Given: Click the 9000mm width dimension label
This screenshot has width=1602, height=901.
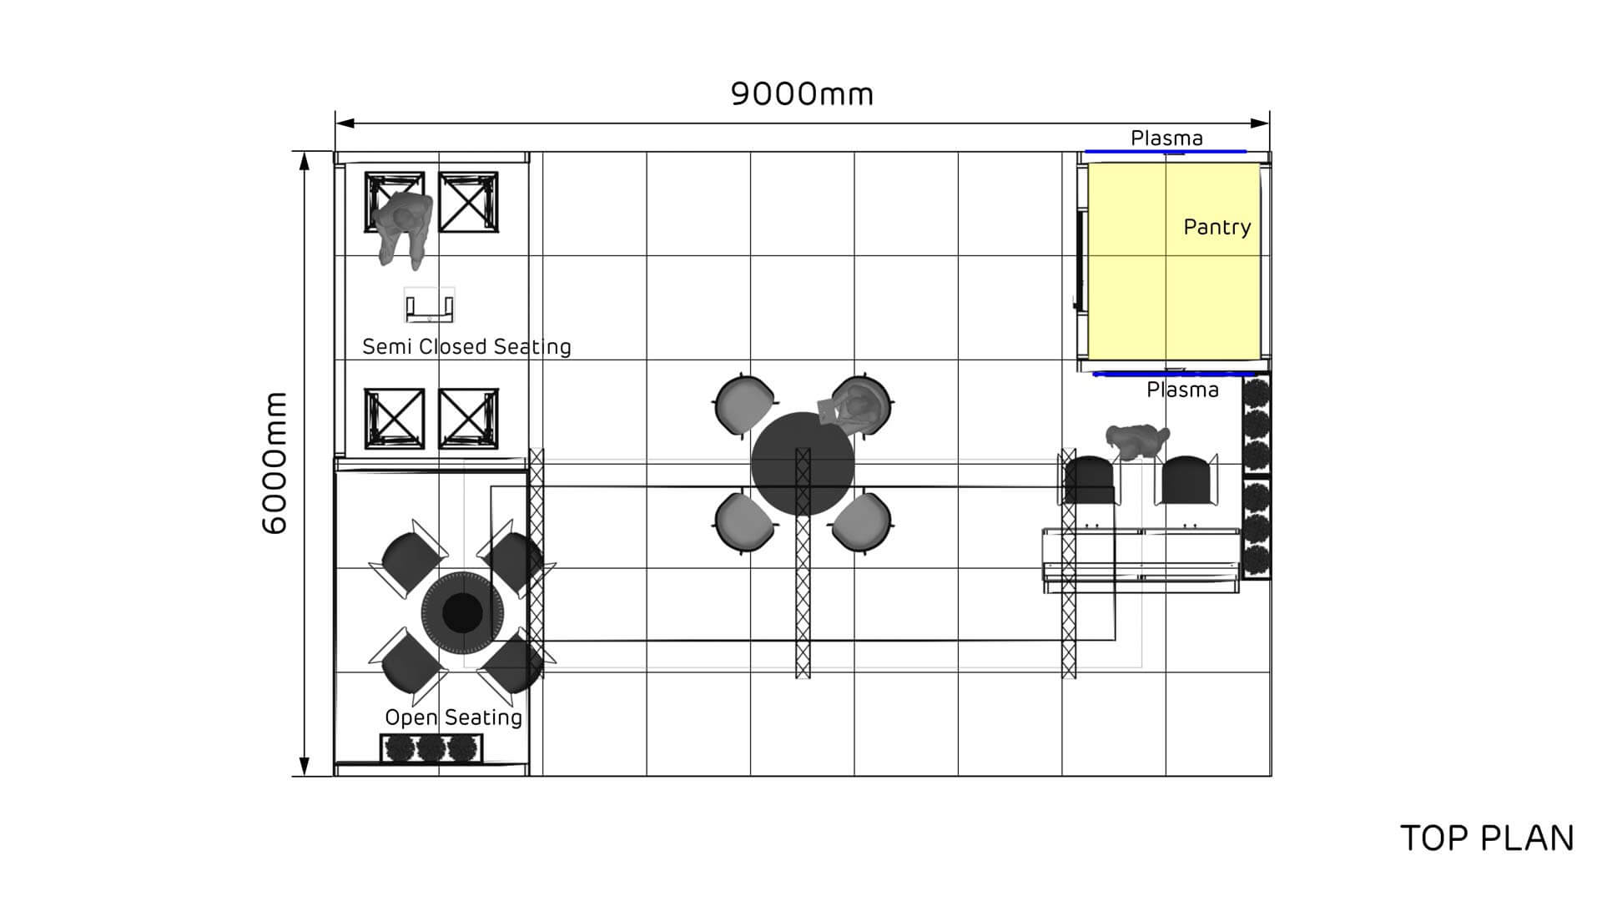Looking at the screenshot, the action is pyautogui.click(x=803, y=93).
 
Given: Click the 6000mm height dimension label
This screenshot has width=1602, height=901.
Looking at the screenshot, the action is pyautogui.click(x=275, y=463).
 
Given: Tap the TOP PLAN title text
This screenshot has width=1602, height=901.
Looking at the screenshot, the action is pyautogui.click(x=1487, y=838).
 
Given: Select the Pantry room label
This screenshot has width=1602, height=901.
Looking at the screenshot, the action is pyautogui.click(x=1217, y=227).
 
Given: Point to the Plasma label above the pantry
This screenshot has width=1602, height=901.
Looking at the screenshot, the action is pyautogui.click(x=1166, y=138).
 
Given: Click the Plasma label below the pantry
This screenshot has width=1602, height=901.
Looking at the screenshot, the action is pyautogui.click(x=1182, y=390).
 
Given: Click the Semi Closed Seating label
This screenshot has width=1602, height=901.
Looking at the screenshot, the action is pyautogui.click(x=466, y=347).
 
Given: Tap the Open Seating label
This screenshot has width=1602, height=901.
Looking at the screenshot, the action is pyautogui.click(x=453, y=717).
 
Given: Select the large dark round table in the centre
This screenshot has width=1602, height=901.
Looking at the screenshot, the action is pyautogui.click(x=803, y=464).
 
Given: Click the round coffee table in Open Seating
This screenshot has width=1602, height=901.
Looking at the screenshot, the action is pyautogui.click(x=461, y=614).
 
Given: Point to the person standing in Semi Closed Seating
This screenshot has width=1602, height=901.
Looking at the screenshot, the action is pyautogui.click(x=402, y=227).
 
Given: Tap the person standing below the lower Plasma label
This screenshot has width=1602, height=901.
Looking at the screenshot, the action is pyautogui.click(x=1136, y=441).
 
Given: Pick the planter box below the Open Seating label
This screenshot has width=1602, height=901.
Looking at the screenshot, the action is pyautogui.click(x=431, y=748).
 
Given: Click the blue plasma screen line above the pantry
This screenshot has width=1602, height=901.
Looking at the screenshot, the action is pyautogui.click(x=1165, y=152).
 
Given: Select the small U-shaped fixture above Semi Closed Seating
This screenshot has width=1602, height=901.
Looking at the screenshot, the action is pyautogui.click(x=429, y=305).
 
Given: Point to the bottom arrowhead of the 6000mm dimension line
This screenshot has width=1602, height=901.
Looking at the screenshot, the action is pyautogui.click(x=305, y=767).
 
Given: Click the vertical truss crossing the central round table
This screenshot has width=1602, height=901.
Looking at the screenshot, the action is pyautogui.click(x=803, y=563).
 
